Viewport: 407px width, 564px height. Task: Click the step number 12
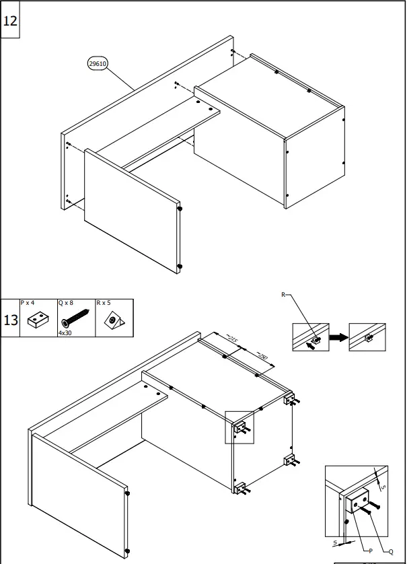pyautogui.click(x=11, y=20)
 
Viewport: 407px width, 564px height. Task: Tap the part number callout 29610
pyautogui.click(x=98, y=64)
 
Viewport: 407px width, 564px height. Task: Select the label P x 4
pyautogui.click(x=30, y=304)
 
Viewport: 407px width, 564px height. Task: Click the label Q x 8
pyautogui.click(x=67, y=304)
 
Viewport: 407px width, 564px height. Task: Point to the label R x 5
pyautogui.click(x=103, y=304)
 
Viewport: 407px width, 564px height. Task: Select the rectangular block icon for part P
pyautogui.click(x=38, y=320)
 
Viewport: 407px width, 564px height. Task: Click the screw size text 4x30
pyautogui.click(x=65, y=332)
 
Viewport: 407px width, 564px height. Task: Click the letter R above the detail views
pyautogui.click(x=284, y=295)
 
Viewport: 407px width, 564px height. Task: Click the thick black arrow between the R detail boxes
pyautogui.click(x=339, y=337)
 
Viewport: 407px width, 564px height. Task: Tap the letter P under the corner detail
pyautogui.click(x=370, y=551)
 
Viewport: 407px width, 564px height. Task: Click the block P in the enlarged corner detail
pyautogui.click(x=358, y=501)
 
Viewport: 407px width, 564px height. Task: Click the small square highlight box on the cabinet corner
pyautogui.click(x=239, y=427)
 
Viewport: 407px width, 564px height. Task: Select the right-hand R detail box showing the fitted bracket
pyautogui.click(x=369, y=337)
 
